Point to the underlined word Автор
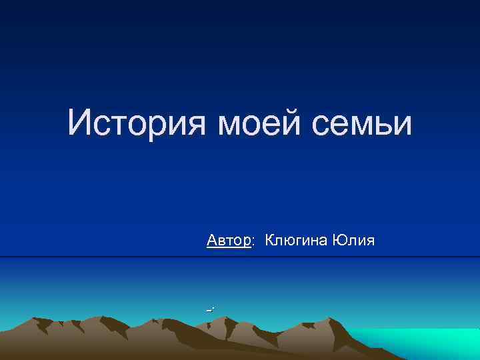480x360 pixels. tap(229, 239)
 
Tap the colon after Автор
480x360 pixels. tap(253, 242)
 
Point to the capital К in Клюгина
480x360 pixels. tap(270, 239)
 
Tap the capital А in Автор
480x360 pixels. tap(212, 239)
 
